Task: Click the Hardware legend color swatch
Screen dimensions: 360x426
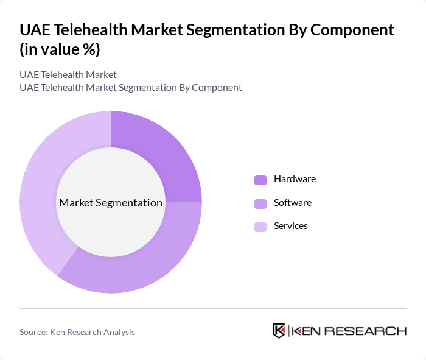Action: tap(260, 180)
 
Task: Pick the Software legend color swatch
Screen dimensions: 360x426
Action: tap(260, 203)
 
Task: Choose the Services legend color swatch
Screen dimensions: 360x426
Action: tap(260, 227)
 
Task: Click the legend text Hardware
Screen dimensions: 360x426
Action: tap(295, 179)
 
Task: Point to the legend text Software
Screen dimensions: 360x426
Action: tap(292, 202)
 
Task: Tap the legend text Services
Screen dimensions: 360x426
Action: tap(290, 226)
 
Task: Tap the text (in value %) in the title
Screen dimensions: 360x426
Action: tap(60, 49)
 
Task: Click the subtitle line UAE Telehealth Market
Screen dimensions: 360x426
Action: tap(68, 75)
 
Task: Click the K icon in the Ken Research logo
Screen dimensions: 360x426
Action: tap(279, 331)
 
